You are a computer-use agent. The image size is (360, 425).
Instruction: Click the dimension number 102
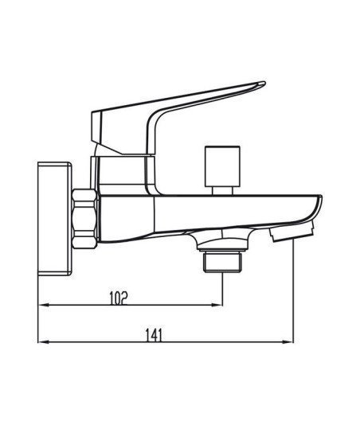118,298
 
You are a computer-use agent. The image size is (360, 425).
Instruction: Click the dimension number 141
154,335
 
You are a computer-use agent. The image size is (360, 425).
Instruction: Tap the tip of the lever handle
264,83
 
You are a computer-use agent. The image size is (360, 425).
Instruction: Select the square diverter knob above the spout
222,166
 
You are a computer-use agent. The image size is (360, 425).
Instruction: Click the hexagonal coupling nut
84,219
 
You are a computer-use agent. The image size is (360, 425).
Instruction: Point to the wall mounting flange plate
55,218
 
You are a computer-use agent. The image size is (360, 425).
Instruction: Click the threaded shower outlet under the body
222,262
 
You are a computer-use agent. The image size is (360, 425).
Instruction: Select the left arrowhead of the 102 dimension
43,305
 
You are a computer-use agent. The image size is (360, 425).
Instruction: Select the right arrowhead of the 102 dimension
217,305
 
